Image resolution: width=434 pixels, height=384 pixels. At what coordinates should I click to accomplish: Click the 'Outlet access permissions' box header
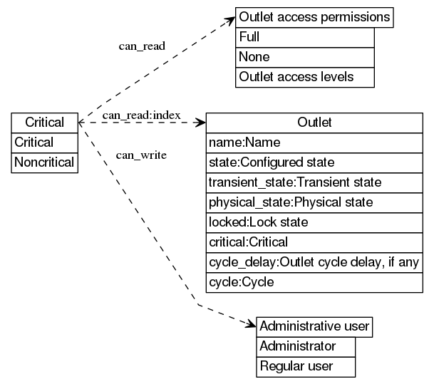pos(314,17)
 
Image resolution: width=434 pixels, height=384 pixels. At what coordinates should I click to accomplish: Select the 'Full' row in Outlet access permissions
pos(304,37)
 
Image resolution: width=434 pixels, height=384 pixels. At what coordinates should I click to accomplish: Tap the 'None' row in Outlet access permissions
pos(304,57)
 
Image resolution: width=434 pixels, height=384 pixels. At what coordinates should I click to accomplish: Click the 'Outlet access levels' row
pos(304,77)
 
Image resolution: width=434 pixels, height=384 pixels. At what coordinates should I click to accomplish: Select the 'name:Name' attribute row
pos(314,142)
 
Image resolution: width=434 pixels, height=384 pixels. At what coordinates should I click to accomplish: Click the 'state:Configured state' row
pos(314,162)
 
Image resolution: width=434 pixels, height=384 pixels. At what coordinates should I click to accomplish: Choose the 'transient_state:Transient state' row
pos(314,182)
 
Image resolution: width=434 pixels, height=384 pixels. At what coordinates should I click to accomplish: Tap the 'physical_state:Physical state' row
pos(314,202)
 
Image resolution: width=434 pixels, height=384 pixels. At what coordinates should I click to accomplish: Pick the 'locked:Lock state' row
pos(314,222)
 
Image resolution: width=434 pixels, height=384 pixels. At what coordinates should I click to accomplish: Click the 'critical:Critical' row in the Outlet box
pos(314,242)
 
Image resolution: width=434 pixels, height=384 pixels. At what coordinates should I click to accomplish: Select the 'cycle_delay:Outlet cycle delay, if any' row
pos(314,262)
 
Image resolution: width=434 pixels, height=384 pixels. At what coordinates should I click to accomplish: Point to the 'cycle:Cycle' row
pos(314,282)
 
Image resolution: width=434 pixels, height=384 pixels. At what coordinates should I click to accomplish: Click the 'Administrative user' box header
pos(314,327)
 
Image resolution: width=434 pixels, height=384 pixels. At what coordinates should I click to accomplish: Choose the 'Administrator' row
pos(305,347)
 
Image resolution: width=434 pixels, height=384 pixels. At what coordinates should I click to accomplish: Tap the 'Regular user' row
pos(305,367)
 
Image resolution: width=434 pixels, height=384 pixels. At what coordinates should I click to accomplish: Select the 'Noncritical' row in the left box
pos(44,162)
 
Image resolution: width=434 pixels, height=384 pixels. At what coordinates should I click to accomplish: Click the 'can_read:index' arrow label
pos(141,115)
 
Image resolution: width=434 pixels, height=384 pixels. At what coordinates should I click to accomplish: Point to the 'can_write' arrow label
pos(141,155)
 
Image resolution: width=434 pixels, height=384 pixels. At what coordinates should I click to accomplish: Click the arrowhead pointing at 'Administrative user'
pos(250,326)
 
